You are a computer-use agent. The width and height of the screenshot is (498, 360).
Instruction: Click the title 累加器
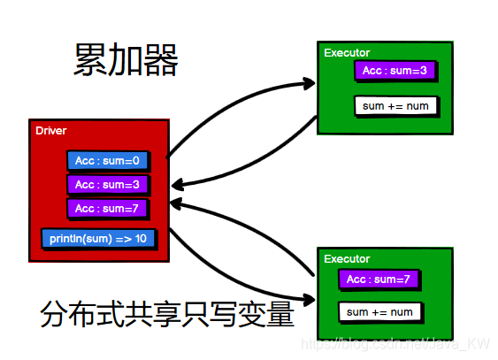pyautogui.click(x=126, y=61)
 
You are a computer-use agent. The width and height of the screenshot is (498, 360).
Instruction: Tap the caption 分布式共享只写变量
pyautogui.click(x=166, y=314)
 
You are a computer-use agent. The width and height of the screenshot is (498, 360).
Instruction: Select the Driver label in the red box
pyautogui.click(x=51, y=131)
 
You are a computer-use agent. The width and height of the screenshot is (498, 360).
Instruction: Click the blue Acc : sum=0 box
pyautogui.click(x=107, y=161)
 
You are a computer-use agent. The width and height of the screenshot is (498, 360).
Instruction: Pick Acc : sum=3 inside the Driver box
pyautogui.click(x=107, y=185)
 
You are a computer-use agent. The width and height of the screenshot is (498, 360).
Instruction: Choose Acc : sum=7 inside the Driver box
pyautogui.click(x=107, y=209)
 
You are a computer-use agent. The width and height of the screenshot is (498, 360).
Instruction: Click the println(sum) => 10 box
pyautogui.click(x=98, y=239)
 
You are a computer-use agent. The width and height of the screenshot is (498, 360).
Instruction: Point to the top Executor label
pyautogui.click(x=347, y=53)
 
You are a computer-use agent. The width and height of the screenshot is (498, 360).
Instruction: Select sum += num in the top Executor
pyautogui.click(x=395, y=106)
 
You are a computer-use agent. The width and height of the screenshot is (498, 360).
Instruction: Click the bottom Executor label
pyautogui.click(x=347, y=259)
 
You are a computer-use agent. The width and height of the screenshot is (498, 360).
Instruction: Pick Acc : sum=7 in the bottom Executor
pyautogui.click(x=379, y=280)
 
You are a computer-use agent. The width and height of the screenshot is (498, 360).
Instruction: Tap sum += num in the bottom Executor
pyautogui.click(x=380, y=312)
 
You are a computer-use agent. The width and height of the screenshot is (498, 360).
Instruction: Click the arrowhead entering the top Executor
pyautogui.click(x=309, y=84)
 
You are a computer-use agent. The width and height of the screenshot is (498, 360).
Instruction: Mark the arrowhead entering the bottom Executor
pyautogui.click(x=309, y=300)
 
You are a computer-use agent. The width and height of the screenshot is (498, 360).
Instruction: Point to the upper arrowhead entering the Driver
pyautogui.click(x=178, y=185)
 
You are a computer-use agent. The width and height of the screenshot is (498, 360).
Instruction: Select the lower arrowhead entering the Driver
pyautogui.click(x=178, y=204)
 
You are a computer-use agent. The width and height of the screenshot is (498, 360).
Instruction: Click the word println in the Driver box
pyautogui.click(x=67, y=239)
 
